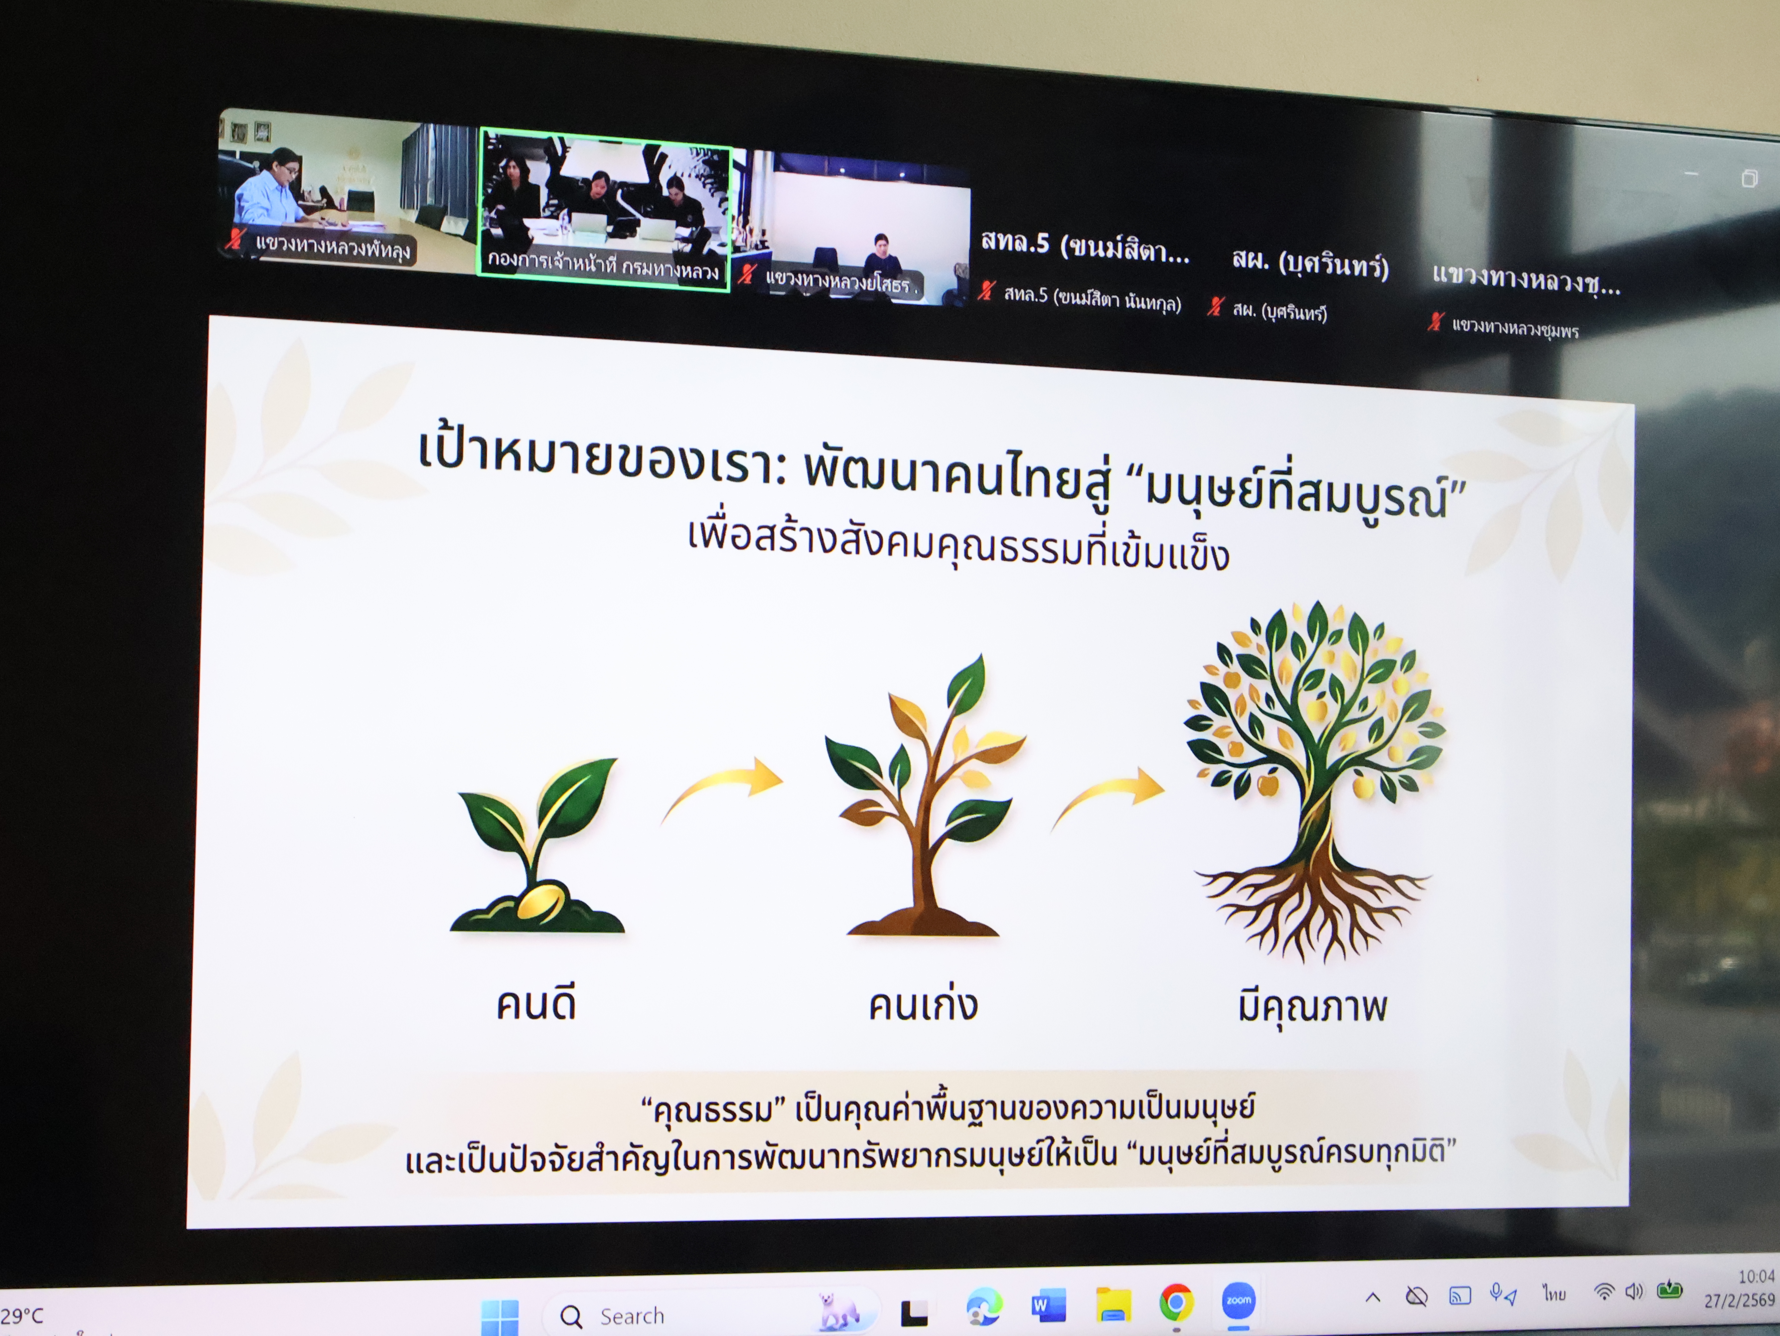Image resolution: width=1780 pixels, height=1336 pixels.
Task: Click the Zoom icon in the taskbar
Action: pos(1238,1301)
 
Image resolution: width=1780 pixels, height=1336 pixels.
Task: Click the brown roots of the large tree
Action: pos(1314,909)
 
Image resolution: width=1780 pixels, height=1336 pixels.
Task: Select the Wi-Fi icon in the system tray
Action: pos(1604,1292)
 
